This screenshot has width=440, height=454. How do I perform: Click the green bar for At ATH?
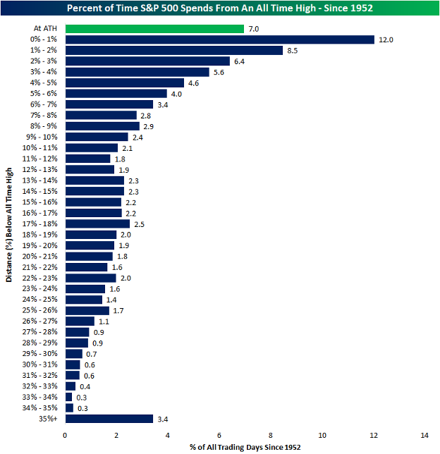coord(154,29)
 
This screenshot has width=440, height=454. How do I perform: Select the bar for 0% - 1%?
coord(219,39)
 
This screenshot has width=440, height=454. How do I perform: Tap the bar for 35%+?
coord(109,419)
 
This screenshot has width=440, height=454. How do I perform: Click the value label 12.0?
coord(386,39)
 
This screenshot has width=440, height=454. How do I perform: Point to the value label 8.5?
coord(295,51)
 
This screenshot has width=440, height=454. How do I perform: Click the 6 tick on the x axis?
coord(219,435)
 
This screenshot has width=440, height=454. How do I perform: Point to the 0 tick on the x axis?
coord(66,435)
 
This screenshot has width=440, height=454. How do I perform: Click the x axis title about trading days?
coord(245,448)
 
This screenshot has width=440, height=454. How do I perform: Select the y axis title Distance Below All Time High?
coord(9,224)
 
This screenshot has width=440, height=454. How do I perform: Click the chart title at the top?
coord(220,8)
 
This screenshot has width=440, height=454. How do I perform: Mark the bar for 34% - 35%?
coord(69,407)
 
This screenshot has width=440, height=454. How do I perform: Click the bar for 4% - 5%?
coord(124,82)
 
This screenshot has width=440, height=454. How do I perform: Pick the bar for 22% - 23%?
coord(91,278)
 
